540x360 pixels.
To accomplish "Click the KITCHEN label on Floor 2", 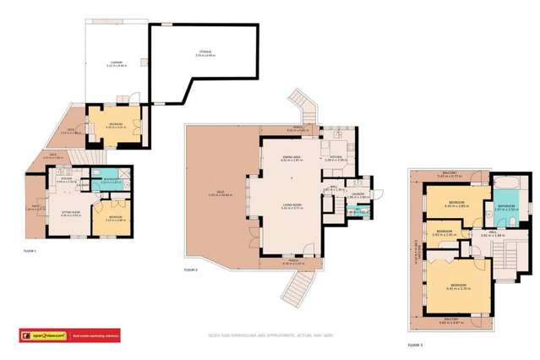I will click(336, 155).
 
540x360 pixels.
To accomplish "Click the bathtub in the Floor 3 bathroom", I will click(505, 184).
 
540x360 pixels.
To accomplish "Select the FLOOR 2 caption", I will click(191, 269).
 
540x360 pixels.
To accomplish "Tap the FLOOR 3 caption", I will click(415, 345).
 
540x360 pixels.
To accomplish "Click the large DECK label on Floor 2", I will click(213, 194).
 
